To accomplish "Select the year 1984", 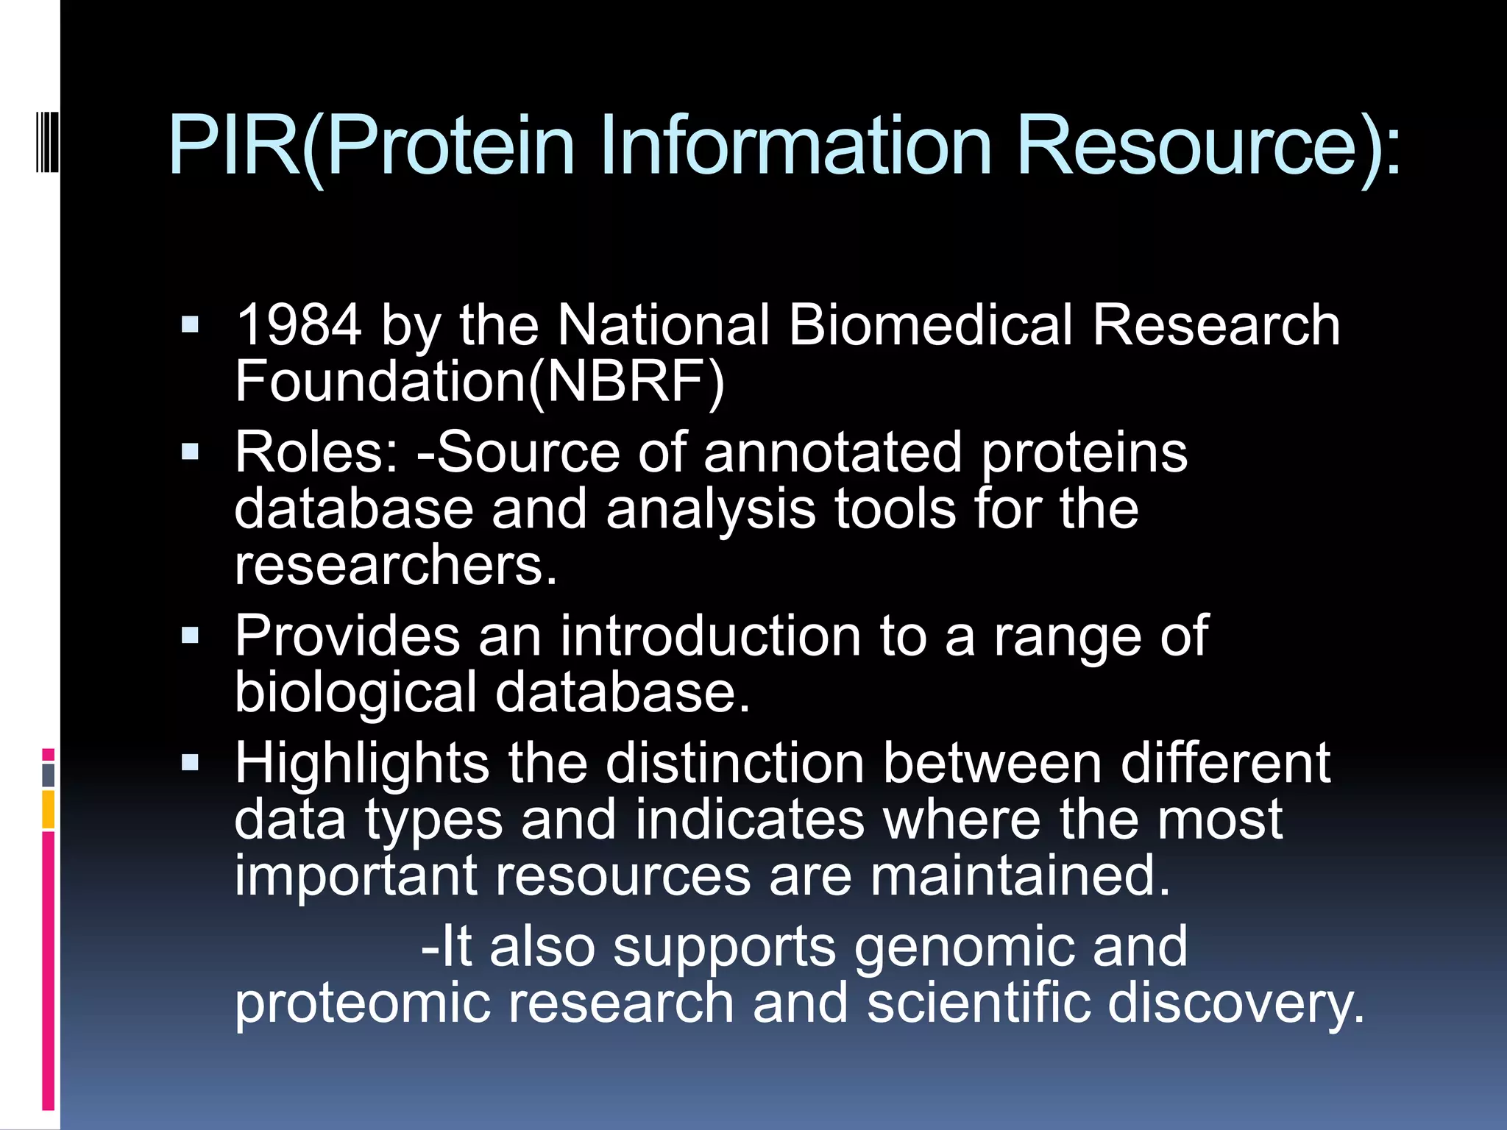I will click(298, 325).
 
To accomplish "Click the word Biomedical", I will click(930, 325).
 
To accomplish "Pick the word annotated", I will click(832, 452).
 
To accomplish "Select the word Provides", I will click(347, 636).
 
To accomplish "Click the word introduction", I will click(710, 636).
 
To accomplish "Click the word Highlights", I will click(361, 763).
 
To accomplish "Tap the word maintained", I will click(1019, 875).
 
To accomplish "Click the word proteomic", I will click(361, 1004).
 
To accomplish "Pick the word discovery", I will click(1236, 1004).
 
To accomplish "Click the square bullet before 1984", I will click(190, 325).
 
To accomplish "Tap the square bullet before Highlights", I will click(190, 763).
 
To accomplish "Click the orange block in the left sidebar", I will click(49, 809).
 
